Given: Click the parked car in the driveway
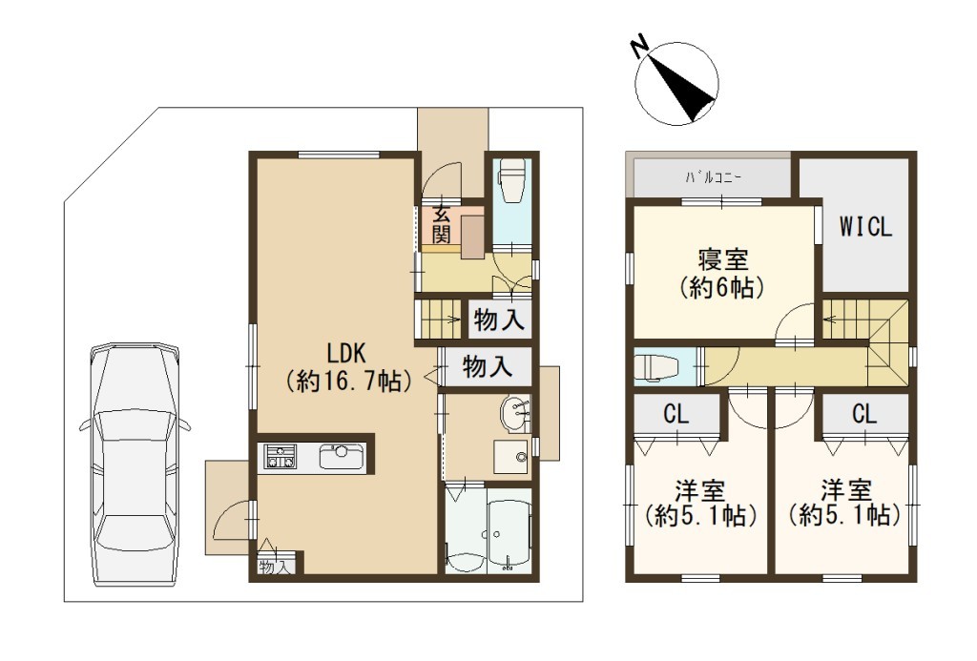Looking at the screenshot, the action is pyautogui.click(x=135, y=465).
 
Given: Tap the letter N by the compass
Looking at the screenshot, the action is pyautogui.click(x=639, y=48).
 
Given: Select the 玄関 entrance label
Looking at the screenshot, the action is pyautogui.click(x=441, y=224).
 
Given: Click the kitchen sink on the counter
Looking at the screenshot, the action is pyautogui.click(x=342, y=457).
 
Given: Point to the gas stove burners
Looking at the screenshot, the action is pyautogui.click(x=280, y=457).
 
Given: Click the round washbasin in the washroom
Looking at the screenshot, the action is pyautogui.click(x=514, y=414).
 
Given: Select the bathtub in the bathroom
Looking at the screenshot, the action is pyautogui.click(x=509, y=530).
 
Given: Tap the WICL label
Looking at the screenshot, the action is pyautogui.click(x=865, y=227).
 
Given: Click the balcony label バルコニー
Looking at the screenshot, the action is pyautogui.click(x=713, y=177).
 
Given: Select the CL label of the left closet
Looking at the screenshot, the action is pyautogui.click(x=676, y=414).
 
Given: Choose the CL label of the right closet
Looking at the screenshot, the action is pyautogui.click(x=864, y=414).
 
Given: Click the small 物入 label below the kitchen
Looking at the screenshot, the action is pyautogui.click(x=275, y=568).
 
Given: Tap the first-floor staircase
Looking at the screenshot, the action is pyautogui.click(x=441, y=319).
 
